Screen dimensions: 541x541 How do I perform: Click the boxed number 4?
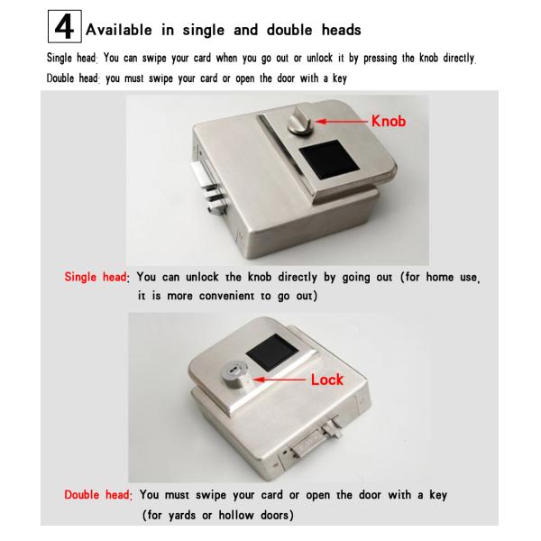[65, 26]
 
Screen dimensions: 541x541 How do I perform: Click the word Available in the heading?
[119, 30]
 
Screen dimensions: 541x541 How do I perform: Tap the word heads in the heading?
[341, 30]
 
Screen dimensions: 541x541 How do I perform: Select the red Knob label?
[389, 121]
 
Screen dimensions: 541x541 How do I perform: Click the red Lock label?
[327, 380]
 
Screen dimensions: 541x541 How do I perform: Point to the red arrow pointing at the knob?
[342, 122]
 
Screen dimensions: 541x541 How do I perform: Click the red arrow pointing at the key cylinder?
[280, 380]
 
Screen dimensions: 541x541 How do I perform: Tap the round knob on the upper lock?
[300, 121]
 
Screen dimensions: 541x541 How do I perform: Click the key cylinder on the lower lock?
[234, 375]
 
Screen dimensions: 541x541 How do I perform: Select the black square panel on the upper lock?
[329, 160]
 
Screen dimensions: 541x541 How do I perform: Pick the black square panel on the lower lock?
[272, 352]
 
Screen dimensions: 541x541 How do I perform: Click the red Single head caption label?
[96, 277]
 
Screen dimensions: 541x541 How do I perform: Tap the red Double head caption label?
[98, 495]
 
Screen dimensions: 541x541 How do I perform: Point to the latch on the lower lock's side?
[316, 437]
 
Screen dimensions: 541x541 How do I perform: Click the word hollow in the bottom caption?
[236, 515]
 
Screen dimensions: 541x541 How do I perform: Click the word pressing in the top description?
[380, 59]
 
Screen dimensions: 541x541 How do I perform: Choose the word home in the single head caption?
[440, 277]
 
